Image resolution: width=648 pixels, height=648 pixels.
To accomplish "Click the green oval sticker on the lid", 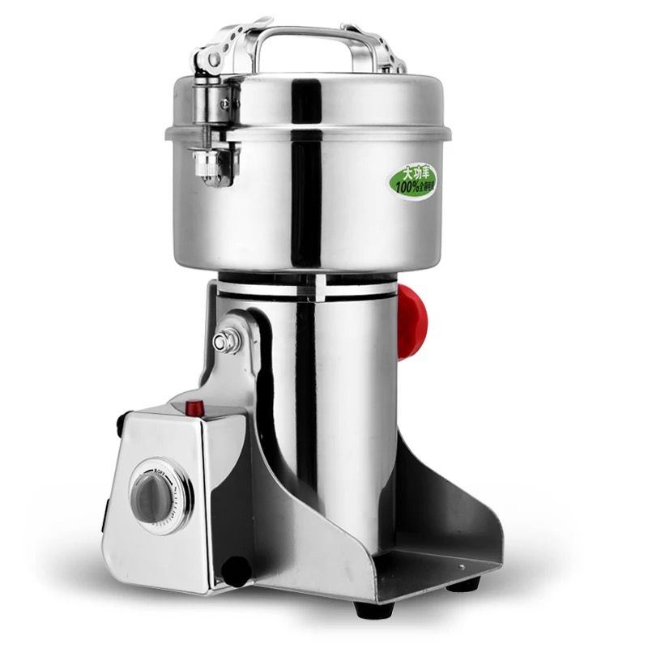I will (414, 179).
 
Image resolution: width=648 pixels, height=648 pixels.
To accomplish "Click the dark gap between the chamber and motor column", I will (308, 279).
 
